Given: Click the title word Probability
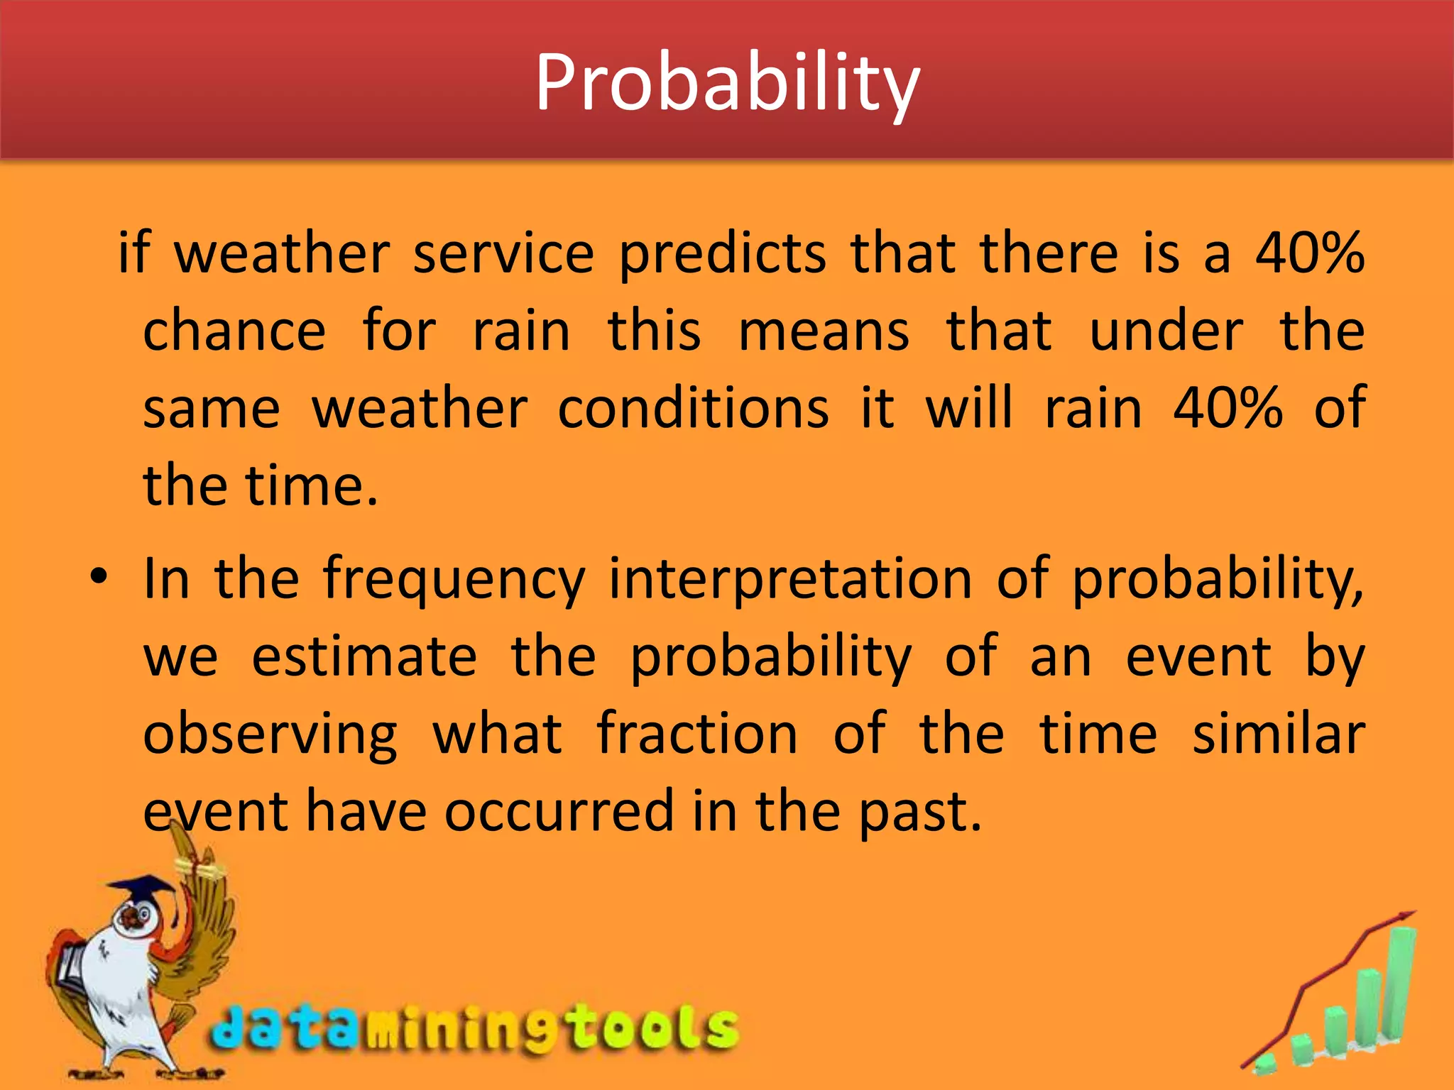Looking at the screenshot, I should pos(727,84).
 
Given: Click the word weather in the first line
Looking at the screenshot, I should pos(282,253).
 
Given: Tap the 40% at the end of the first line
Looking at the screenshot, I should pos(1310,253).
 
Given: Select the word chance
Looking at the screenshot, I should pos(234,331).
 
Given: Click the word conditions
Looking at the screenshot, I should pos(693,409).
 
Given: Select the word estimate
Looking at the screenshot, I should pos(364,657).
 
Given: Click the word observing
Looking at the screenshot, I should pos(270,735).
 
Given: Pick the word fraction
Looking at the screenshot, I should pos(697,734).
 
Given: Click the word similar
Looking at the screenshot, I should pos(1278,734).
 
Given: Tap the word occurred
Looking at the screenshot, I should pos(559,812).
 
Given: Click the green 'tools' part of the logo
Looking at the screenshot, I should pos(653,1028).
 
